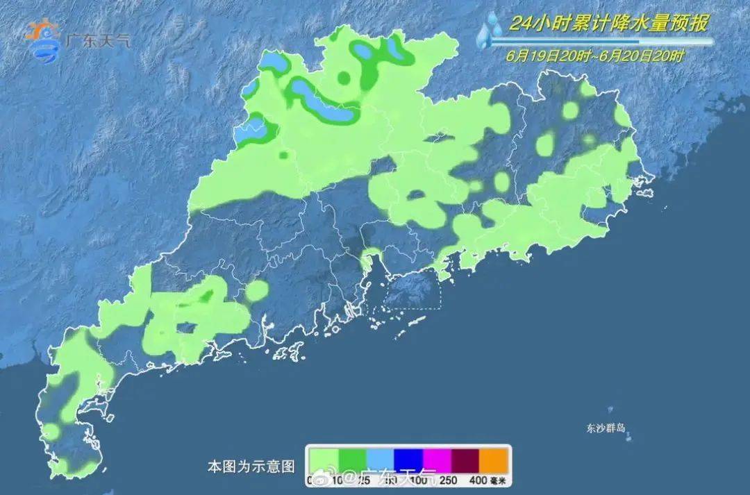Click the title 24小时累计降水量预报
coord(608,24)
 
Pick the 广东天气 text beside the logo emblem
coord(97,40)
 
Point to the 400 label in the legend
coord(478,479)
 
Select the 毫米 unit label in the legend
coord(499,479)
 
